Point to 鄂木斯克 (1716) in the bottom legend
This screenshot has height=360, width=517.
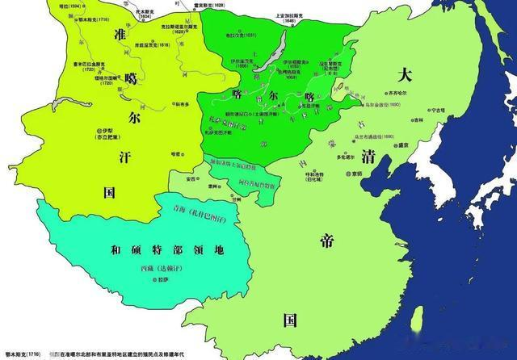[22, 354]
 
